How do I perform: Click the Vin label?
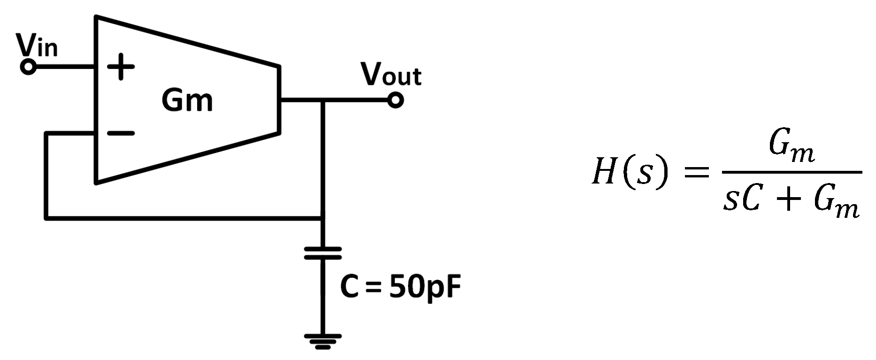coord(37,46)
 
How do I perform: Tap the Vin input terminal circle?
coord(28,67)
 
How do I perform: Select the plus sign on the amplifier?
coord(121,67)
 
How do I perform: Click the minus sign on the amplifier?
coord(121,134)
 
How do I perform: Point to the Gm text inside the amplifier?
coord(187,100)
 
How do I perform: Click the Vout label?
coord(391,76)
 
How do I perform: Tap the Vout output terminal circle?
coord(395,100)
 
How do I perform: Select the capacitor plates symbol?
coord(323,253)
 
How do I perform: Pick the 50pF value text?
coord(425,287)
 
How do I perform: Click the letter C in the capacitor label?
coord(350,287)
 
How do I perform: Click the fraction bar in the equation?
coord(791,172)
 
